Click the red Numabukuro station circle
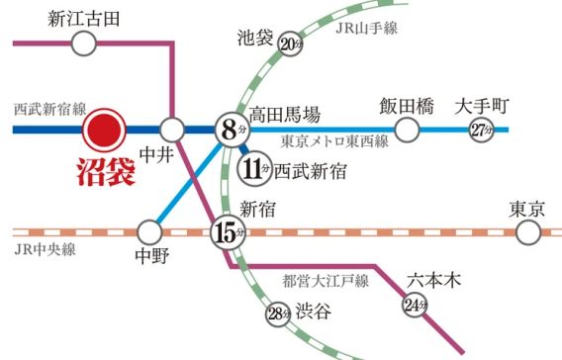(x=103, y=129)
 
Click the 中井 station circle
(x=172, y=129)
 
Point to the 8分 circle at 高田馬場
(x=230, y=129)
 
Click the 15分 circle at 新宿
(x=227, y=234)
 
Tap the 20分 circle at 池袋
(x=289, y=44)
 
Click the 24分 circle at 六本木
(x=414, y=306)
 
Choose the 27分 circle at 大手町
(x=481, y=129)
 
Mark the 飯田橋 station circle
(x=407, y=129)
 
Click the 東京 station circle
(x=531, y=233)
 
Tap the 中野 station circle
(x=149, y=233)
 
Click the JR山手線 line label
(x=365, y=28)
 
